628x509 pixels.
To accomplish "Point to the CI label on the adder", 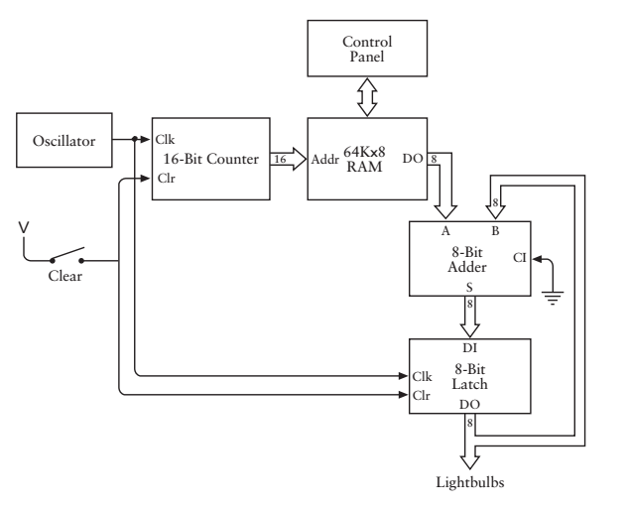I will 518,259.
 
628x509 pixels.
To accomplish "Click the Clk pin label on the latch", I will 422,376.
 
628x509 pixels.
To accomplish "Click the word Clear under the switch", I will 66,277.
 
